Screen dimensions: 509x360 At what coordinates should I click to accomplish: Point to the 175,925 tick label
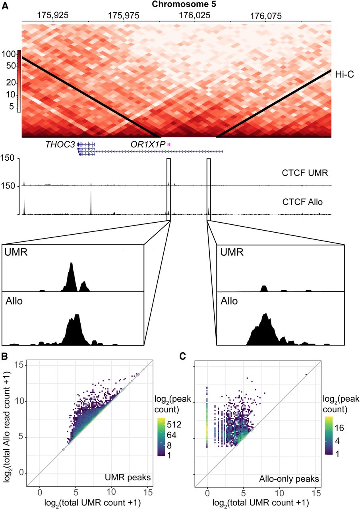52,16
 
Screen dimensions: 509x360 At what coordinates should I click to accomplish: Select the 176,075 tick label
266,16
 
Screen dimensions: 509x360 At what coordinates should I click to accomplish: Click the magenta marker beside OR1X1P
169,144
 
